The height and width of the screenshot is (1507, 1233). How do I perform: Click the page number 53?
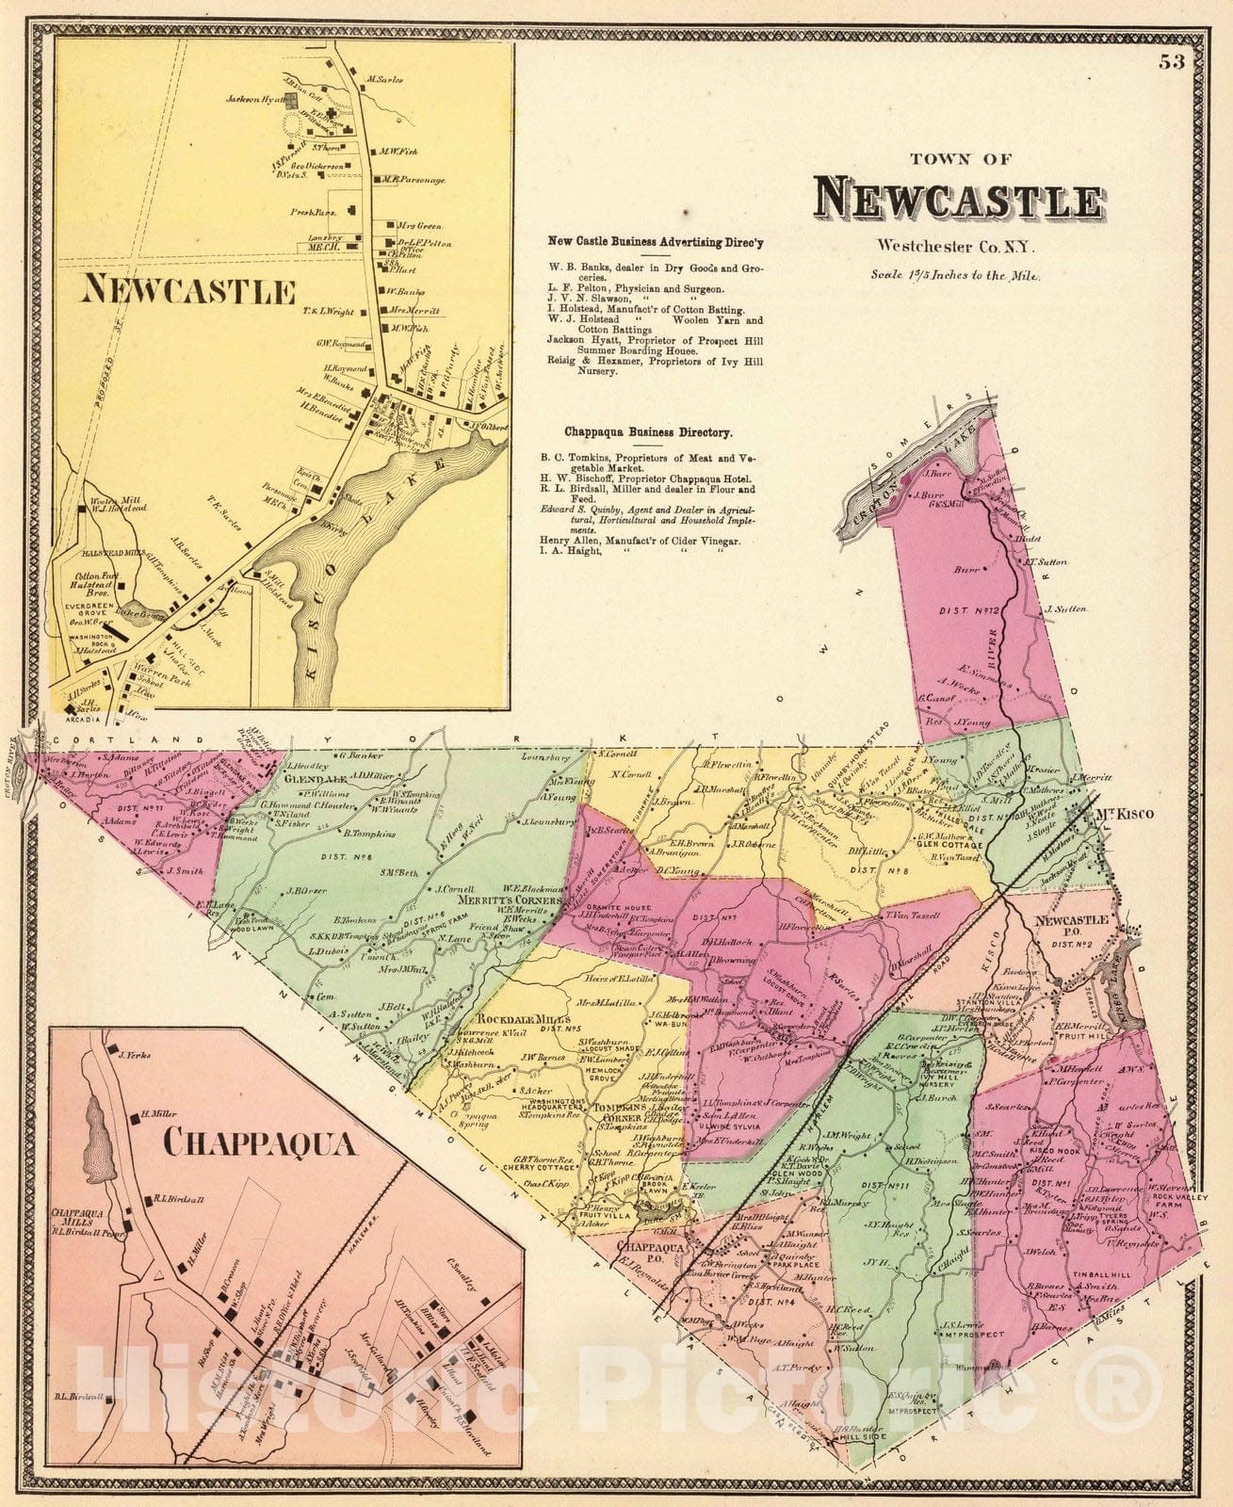(1171, 62)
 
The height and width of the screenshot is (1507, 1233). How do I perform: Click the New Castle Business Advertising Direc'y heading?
(656, 242)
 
